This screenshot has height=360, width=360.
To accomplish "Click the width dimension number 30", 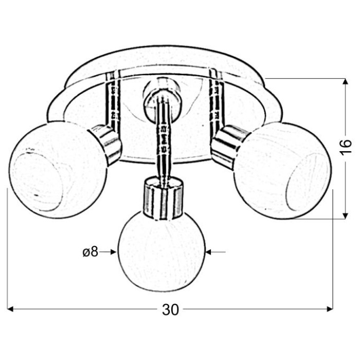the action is [x=170, y=310].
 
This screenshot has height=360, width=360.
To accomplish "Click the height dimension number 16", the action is [x=346, y=147].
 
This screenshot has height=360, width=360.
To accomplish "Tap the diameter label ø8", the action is [x=91, y=252].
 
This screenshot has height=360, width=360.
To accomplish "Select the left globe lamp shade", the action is [x=58, y=169].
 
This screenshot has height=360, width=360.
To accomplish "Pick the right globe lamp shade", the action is [x=283, y=171].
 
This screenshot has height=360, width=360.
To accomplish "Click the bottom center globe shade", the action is [x=161, y=253].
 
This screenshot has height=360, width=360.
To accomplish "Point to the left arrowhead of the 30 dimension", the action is [x=11, y=309].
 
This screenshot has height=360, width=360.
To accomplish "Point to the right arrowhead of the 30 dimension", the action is [x=330, y=309].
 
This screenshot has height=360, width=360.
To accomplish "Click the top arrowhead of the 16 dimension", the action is [x=345, y=82].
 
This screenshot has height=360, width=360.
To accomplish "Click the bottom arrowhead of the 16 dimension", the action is [x=345, y=215].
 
